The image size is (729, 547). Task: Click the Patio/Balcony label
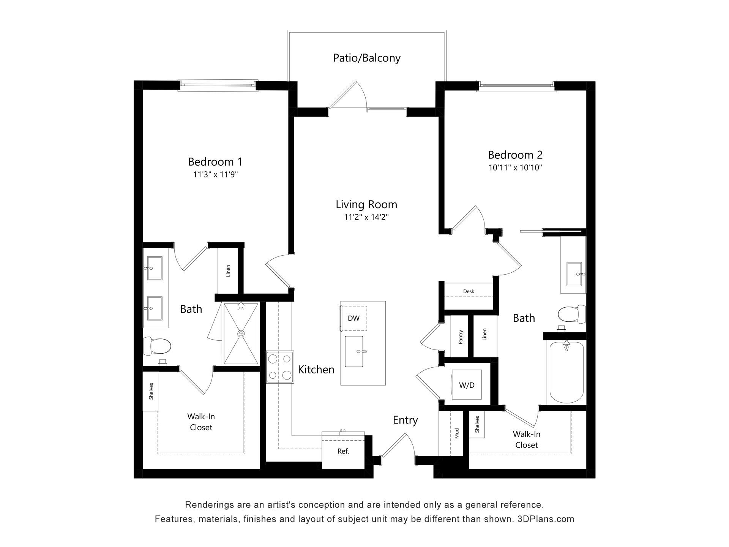click(367, 58)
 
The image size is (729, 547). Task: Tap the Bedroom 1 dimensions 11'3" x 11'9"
click(215, 175)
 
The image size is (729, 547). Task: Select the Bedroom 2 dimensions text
click(515, 168)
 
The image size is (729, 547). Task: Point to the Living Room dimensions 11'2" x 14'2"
click(366, 217)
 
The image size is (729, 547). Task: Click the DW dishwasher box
click(353, 318)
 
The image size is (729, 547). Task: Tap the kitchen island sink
click(354, 351)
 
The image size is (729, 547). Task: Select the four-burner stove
click(280, 367)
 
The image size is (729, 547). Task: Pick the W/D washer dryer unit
click(467, 385)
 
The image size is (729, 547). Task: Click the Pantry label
click(461, 337)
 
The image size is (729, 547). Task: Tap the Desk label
click(469, 291)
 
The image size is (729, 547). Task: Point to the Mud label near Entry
click(457, 433)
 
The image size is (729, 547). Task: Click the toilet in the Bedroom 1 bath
click(157, 346)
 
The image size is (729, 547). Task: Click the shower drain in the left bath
click(241, 334)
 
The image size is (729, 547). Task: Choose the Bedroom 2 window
click(516, 85)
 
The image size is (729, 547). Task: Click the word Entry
click(405, 420)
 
